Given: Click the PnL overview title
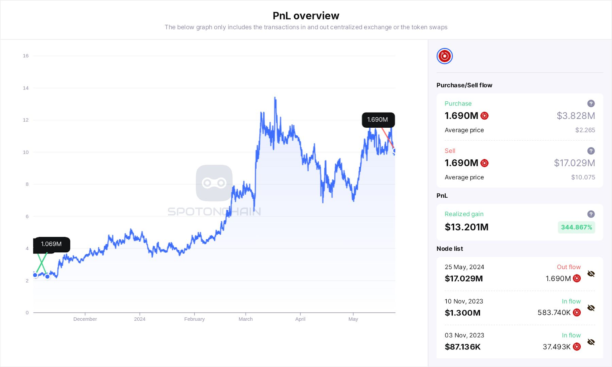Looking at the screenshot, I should [306, 16].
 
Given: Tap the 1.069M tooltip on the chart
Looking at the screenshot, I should [51, 244].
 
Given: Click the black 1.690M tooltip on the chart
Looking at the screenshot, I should [378, 120].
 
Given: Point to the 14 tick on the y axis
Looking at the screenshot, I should [26, 88].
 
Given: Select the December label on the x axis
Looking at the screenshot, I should [85, 319].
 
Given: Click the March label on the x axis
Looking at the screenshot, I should [246, 319].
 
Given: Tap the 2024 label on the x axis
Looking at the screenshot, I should [140, 319].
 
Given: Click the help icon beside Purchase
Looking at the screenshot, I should [591, 104].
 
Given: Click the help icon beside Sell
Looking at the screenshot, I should [591, 151].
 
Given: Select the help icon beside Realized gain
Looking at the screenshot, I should [591, 214].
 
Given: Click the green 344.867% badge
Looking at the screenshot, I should [576, 227].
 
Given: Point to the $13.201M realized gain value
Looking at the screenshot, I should [466, 227].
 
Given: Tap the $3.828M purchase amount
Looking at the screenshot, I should [576, 116].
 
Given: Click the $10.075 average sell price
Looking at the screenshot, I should [583, 177].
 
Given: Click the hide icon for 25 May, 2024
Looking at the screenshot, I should [591, 274].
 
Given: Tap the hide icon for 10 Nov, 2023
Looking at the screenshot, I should [591, 308].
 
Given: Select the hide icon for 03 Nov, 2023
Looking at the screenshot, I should [591, 342].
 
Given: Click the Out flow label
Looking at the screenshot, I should [568, 267].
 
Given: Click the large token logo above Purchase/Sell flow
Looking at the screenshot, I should [444, 56].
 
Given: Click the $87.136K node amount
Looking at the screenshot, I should [462, 347].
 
